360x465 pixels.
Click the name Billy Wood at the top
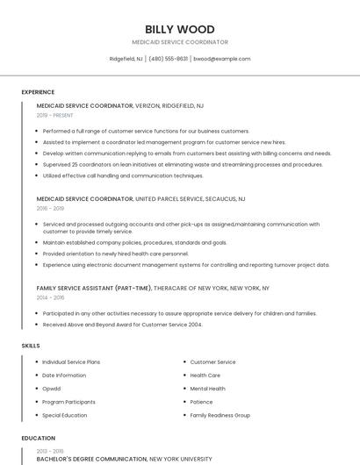click(179, 29)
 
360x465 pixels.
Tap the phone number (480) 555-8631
click(169, 59)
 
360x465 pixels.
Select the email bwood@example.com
click(222, 59)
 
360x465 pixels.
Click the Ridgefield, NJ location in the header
click(126, 59)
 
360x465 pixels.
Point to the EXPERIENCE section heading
click(38, 92)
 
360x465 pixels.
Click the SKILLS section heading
click(31, 346)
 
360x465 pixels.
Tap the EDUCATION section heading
click(39, 438)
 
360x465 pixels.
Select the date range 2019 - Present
click(54, 115)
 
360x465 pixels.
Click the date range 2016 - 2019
click(50, 209)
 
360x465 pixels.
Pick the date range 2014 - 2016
click(50, 297)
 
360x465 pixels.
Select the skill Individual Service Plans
click(71, 362)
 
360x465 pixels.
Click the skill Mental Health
click(207, 389)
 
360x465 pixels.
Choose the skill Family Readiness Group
click(220, 415)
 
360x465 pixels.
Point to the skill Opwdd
click(52, 389)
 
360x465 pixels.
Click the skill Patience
click(201, 402)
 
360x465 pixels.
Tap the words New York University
click(181, 459)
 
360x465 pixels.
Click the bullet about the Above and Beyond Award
click(122, 325)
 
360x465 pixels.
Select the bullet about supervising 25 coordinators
click(183, 164)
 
